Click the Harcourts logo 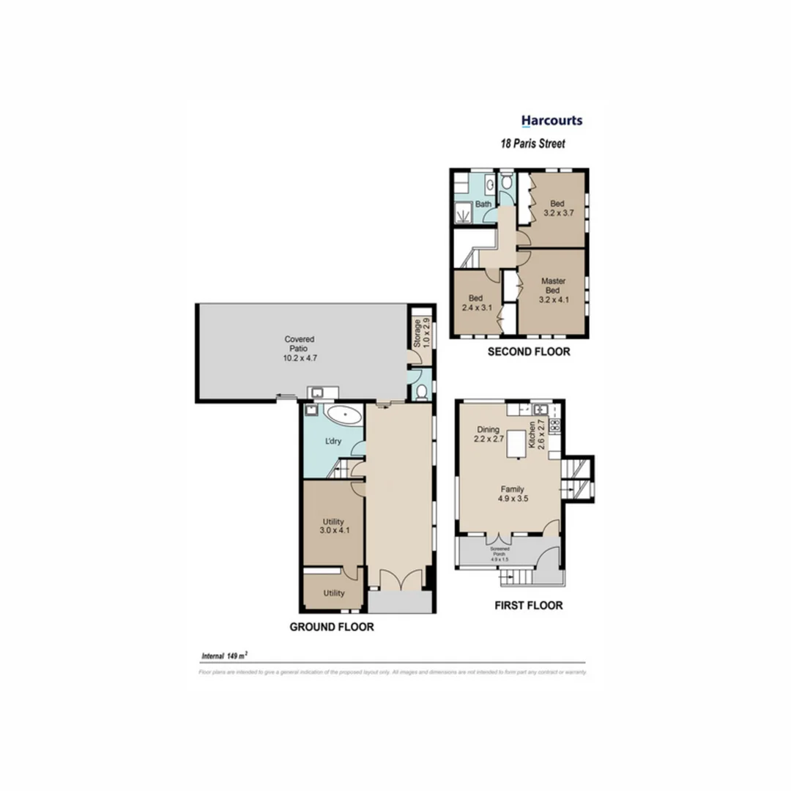point(552,121)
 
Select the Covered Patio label point(300,349)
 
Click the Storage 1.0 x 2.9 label point(421,333)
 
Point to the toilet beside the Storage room point(421,392)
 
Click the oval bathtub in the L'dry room point(343,417)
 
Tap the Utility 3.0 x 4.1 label point(333,527)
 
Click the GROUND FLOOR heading point(332,627)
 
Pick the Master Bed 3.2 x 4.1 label point(553,290)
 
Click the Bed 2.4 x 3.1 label point(475,303)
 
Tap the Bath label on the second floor point(483,204)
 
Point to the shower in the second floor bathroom point(463,212)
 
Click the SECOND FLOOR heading point(529,352)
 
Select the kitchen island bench point(519,442)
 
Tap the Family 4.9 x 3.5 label point(512,494)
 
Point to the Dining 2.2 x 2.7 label point(488,434)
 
